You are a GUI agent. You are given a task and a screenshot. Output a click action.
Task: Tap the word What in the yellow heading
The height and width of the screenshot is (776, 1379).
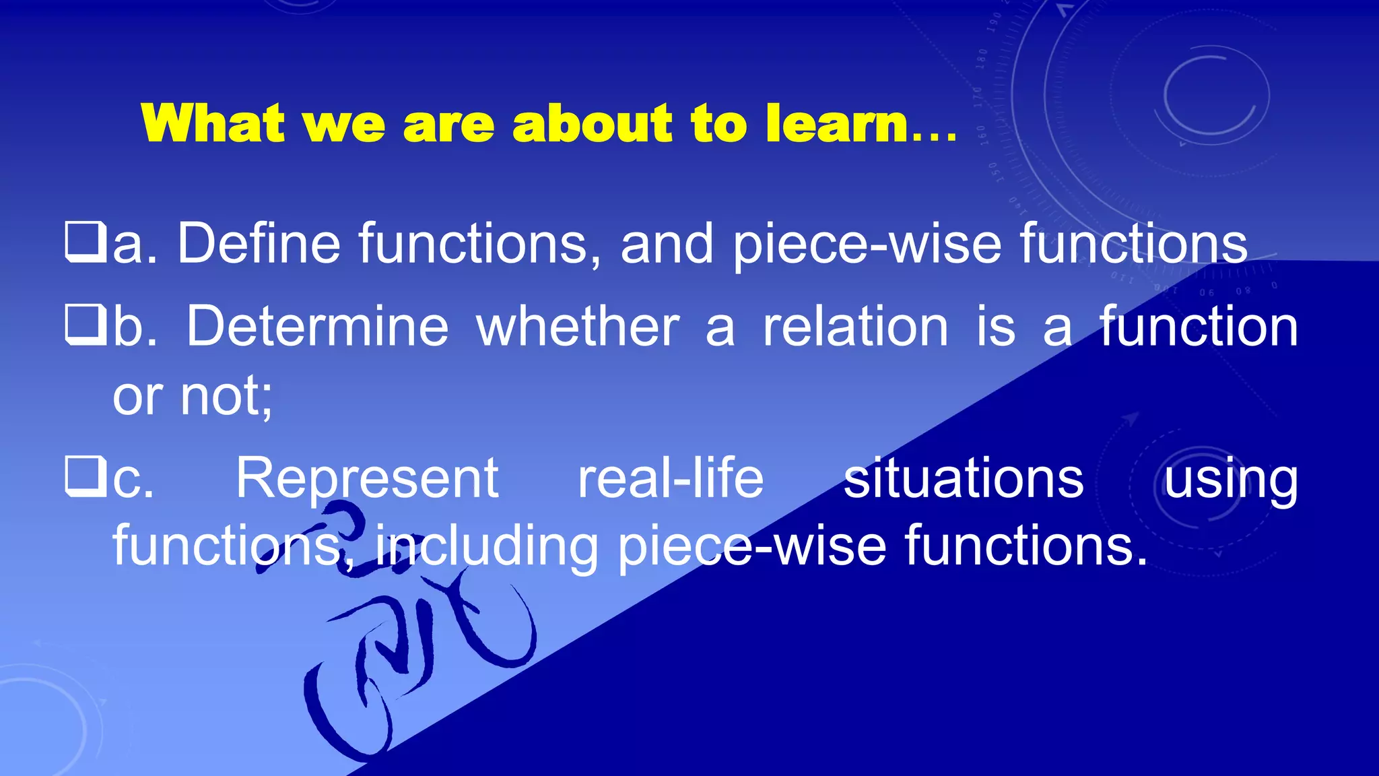(213, 124)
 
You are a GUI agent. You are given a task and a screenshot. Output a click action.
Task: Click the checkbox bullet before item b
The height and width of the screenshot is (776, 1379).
(86, 325)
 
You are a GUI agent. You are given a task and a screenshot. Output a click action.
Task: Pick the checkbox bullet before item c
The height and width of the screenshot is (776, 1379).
(86, 476)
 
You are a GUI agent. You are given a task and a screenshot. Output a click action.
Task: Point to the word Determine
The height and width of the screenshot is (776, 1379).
(317, 327)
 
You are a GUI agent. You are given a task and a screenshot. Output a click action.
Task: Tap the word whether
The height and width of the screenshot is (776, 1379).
(578, 327)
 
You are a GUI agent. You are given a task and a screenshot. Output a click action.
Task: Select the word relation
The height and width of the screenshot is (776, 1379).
(855, 327)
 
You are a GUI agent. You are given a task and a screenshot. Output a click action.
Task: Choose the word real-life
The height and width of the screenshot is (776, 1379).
(671, 478)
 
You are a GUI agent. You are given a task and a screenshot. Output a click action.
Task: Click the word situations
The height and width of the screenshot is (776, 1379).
(964, 478)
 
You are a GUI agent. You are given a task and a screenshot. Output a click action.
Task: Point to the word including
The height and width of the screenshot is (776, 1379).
(486, 547)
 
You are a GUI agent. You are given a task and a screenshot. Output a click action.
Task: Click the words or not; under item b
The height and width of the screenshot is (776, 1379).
(193, 396)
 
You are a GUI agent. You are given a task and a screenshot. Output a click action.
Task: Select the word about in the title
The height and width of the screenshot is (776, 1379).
(592, 124)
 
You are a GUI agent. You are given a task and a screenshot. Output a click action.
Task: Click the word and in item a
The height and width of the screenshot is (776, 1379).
(667, 243)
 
